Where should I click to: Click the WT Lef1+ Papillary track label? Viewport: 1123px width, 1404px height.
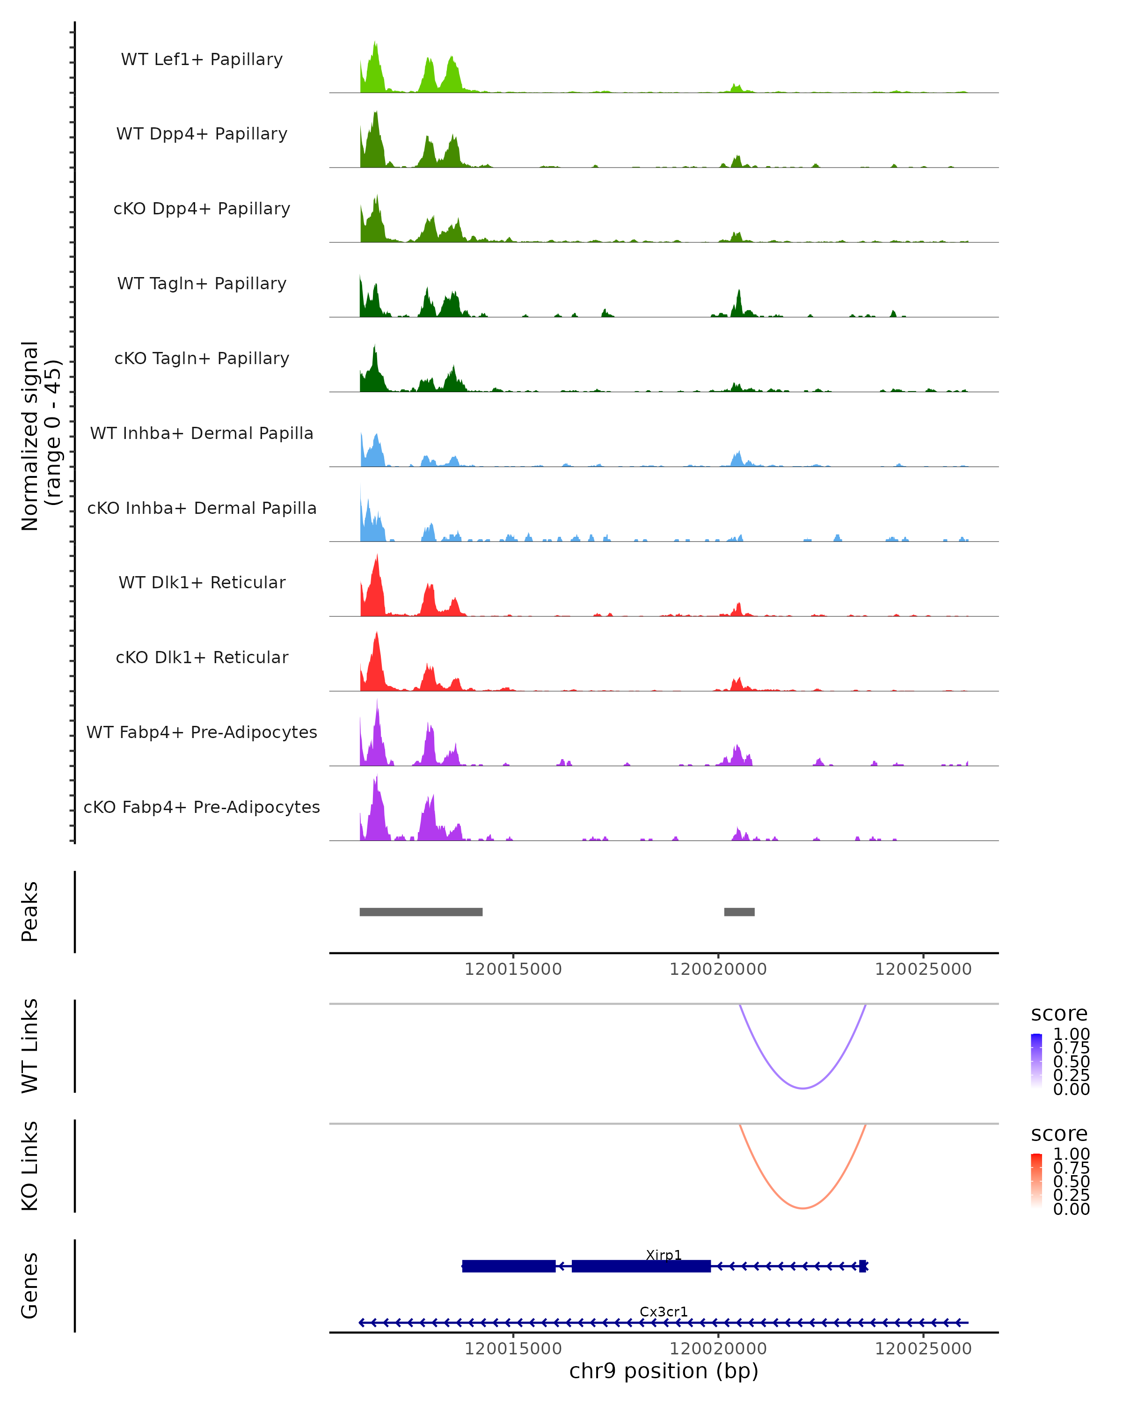tap(202, 59)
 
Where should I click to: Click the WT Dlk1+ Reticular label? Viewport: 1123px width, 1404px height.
tap(202, 582)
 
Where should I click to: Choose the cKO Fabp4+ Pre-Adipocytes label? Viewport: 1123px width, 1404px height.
tap(202, 807)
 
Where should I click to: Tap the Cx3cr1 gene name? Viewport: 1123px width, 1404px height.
tap(664, 1311)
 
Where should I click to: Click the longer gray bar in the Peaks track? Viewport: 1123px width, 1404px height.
tap(421, 912)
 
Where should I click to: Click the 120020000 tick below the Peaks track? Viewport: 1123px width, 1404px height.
tap(718, 969)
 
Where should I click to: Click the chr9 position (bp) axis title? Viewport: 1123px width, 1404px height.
tap(664, 1371)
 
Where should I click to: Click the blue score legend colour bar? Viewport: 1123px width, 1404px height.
tap(1036, 1061)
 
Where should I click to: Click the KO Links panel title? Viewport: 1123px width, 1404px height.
tap(30, 1166)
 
